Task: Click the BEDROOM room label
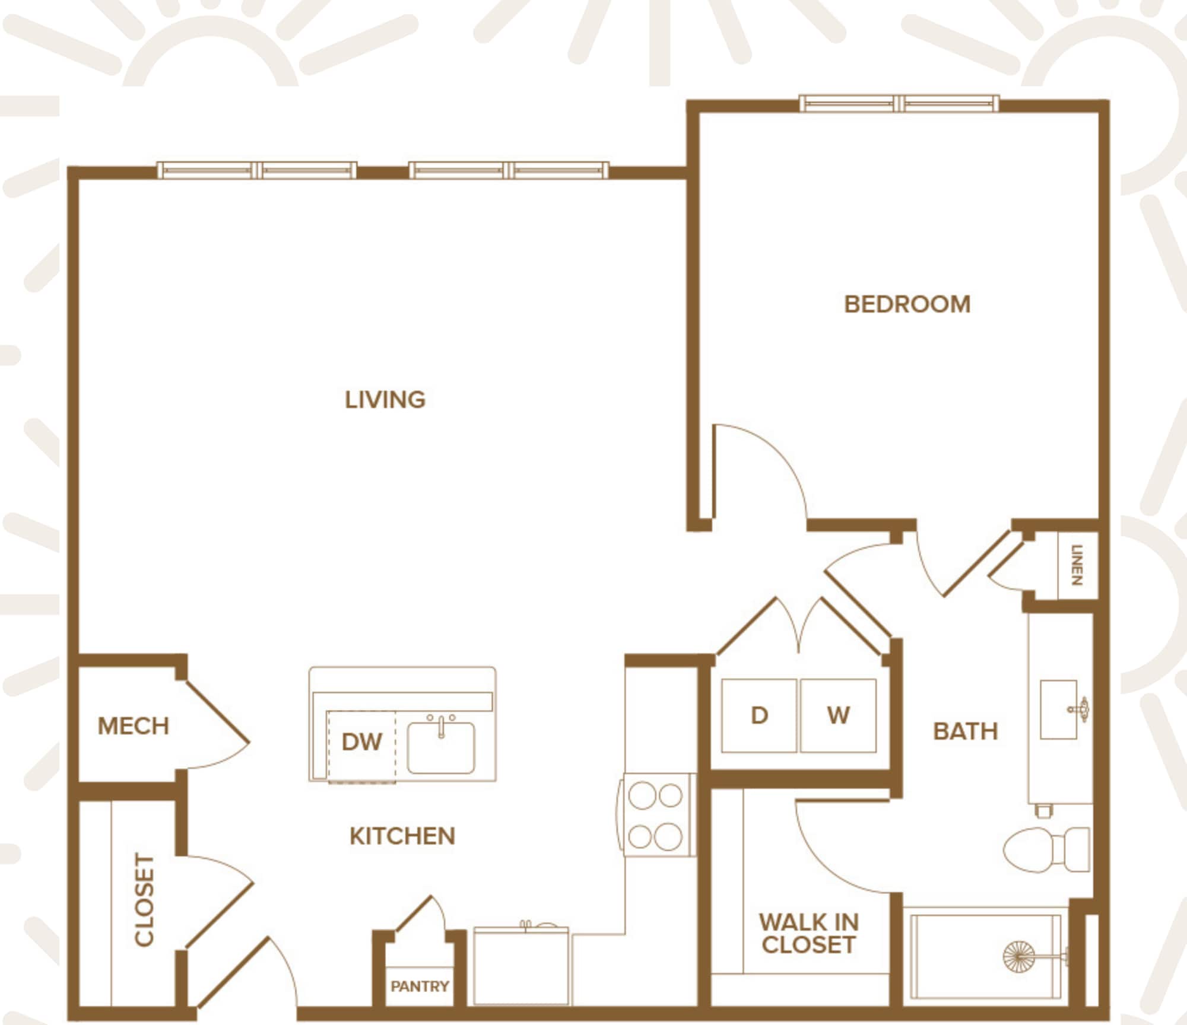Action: (907, 304)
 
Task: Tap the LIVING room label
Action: (385, 399)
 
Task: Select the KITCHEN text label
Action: (402, 836)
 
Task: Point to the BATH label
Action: (966, 731)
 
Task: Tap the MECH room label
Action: (133, 725)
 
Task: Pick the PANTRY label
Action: (420, 986)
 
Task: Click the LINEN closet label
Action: (1077, 565)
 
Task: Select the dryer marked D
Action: (759, 715)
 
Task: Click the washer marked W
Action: (838, 715)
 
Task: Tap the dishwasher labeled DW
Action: (361, 741)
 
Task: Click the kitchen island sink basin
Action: (441, 747)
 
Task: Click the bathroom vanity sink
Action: (1059, 709)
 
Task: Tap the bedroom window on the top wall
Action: (899, 104)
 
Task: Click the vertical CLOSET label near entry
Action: (144, 899)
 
